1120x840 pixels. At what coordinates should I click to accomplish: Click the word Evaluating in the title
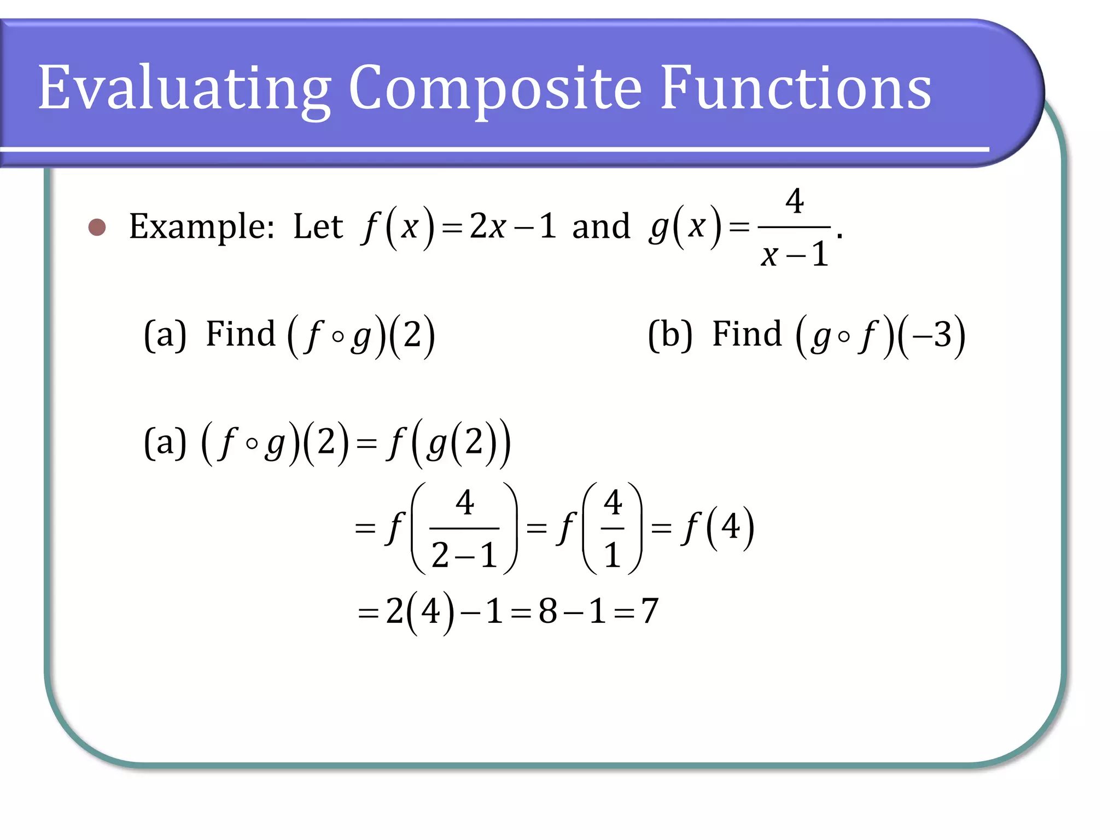pyautogui.click(x=184, y=87)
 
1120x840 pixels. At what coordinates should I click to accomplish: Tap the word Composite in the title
pyautogui.click(x=495, y=87)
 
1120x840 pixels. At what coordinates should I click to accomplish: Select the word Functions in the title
pyautogui.click(x=796, y=87)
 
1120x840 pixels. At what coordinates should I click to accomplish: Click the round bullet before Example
pyautogui.click(x=97, y=227)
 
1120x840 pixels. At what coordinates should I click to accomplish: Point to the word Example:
pyautogui.click(x=202, y=227)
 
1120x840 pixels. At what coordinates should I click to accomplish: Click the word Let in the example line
pyautogui.click(x=318, y=226)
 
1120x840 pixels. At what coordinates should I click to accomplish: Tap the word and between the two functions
pyautogui.click(x=600, y=226)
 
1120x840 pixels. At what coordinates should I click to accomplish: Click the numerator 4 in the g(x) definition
pyautogui.click(x=795, y=201)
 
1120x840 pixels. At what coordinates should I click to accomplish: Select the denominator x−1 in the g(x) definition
pyautogui.click(x=795, y=254)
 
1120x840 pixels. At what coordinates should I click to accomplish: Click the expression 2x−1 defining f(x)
pyautogui.click(x=512, y=226)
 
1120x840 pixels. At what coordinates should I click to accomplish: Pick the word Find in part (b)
pyautogui.click(x=747, y=334)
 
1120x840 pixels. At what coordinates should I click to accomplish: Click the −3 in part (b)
pyautogui.click(x=933, y=334)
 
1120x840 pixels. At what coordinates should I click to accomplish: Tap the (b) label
pyautogui.click(x=670, y=334)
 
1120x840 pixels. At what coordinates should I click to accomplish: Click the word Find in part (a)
pyautogui.click(x=241, y=334)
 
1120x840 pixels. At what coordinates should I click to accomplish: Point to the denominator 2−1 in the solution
pyautogui.click(x=464, y=556)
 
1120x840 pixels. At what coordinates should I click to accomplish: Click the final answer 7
pyautogui.click(x=650, y=611)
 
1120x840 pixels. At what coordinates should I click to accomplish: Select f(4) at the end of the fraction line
pyautogui.click(x=719, y=528)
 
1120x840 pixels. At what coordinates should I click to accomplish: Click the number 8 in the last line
pyautogui.click(x=548, y=611)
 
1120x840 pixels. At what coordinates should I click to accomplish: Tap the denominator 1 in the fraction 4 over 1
pyautogui.click(x=612, y=556)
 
